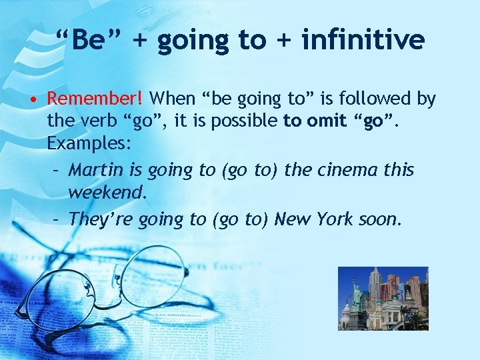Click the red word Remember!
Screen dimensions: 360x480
tap(95, 99)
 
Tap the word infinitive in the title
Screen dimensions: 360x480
tap(363, 40)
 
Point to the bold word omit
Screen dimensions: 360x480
tap(326, 122)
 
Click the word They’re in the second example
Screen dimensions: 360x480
tap(101, 219)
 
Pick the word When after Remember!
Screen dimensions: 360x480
tap(172, 99)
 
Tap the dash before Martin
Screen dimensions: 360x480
tap(57, 171)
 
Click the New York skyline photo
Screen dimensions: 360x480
tap(383, 298)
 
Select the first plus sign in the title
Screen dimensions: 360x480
tap(140, 40)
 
